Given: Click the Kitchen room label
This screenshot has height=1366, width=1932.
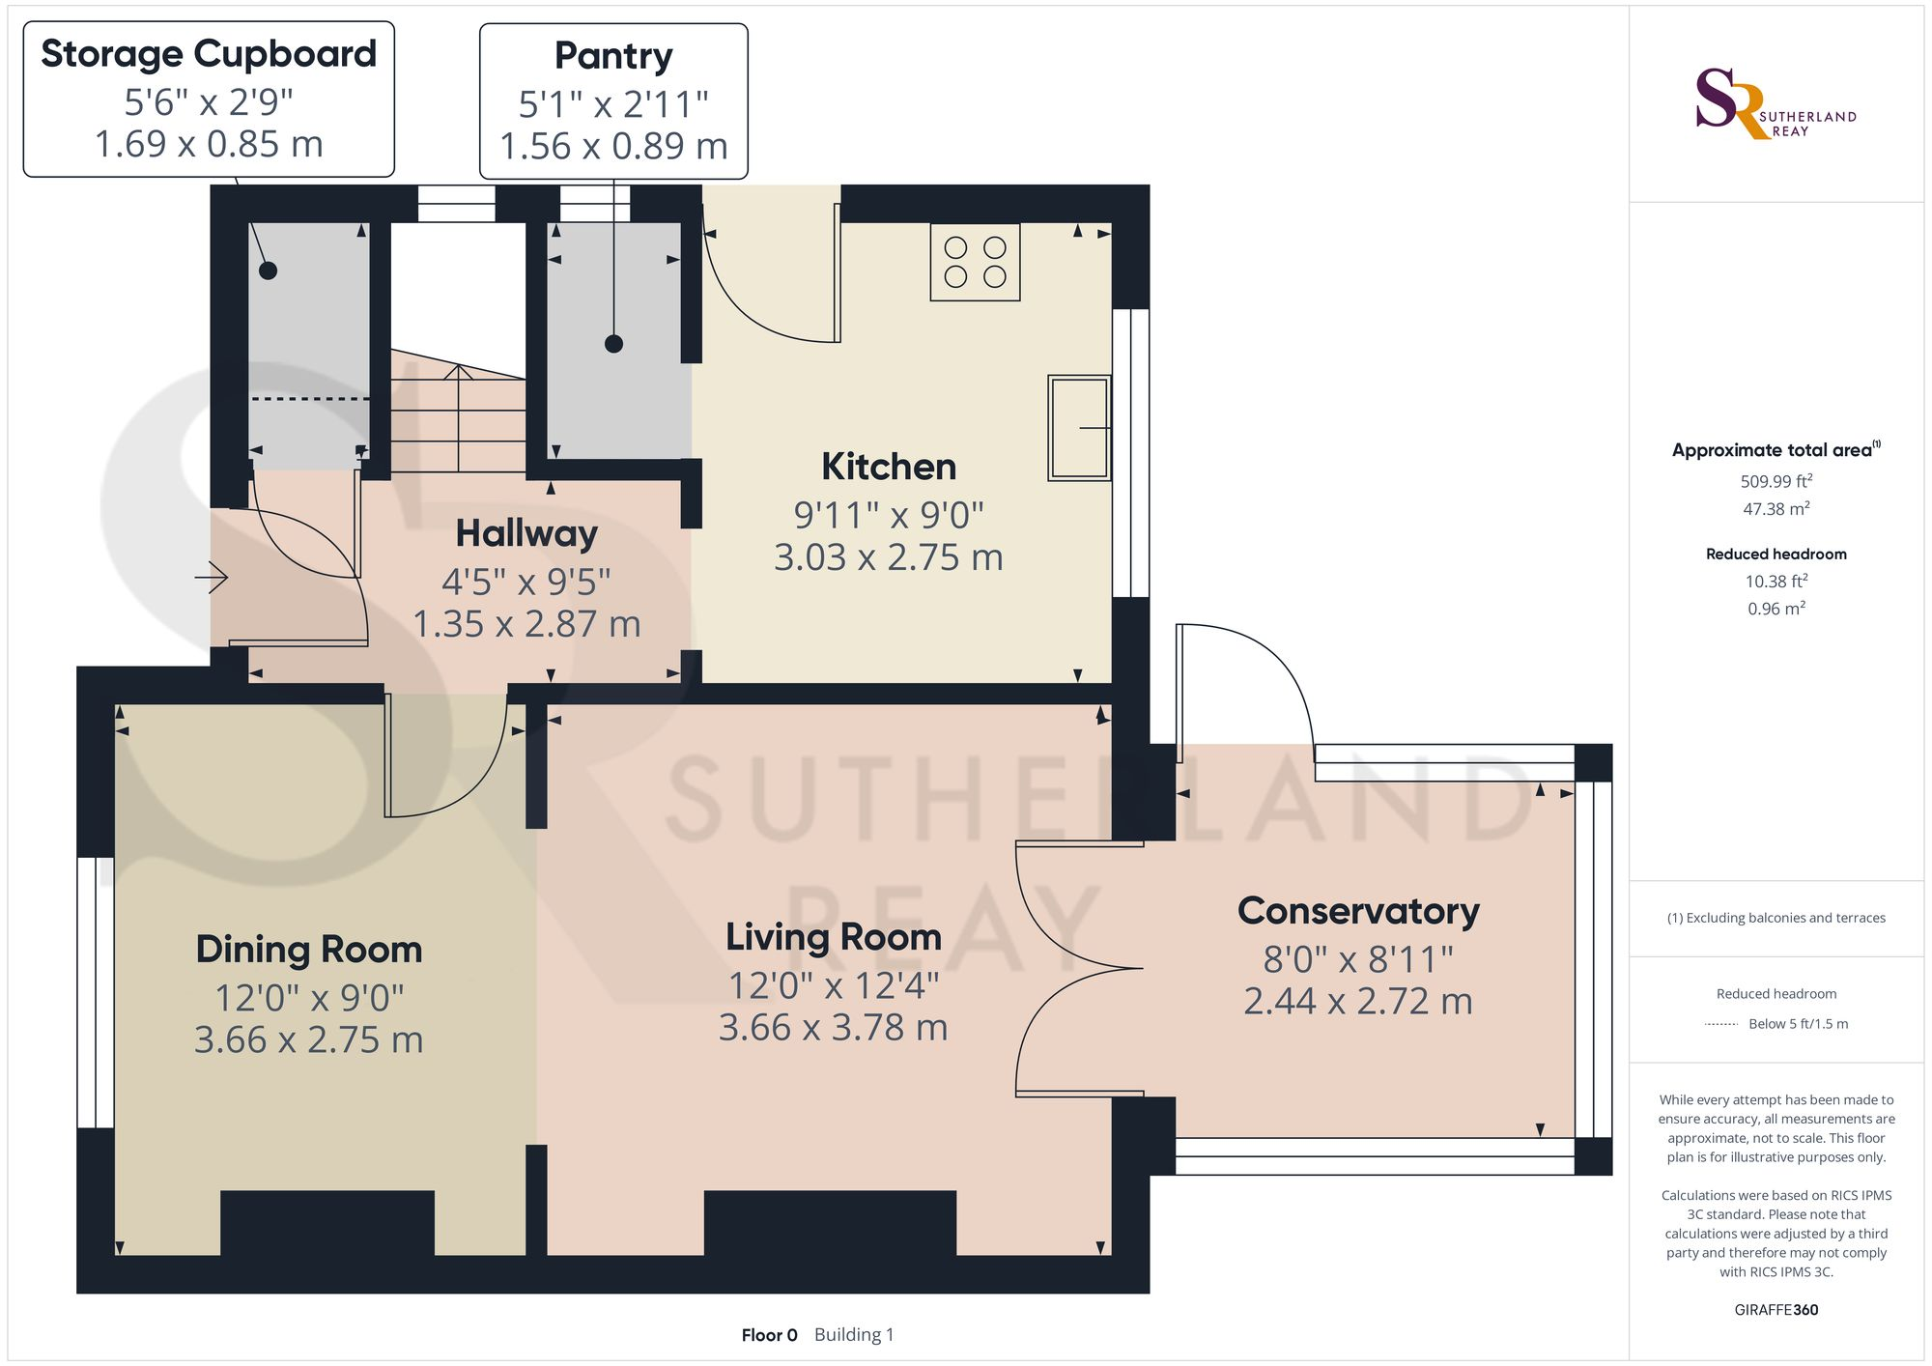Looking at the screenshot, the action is pyautogui.click(x=889, y=467).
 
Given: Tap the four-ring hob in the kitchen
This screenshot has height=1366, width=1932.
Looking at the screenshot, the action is pyautogui.click(x=976, y=262).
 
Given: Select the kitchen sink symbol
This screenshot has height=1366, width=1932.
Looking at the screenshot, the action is pyautogui.click(x=1079, y=428).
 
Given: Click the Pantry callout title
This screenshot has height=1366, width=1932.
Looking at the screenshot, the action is pyautogui.click(x=613, y=56).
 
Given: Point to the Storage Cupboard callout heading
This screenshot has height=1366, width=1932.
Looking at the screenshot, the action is pyautogui.click(x=209, y=54).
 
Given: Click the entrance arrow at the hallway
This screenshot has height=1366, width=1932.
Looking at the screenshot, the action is pyautogui.click(x=212, y=579).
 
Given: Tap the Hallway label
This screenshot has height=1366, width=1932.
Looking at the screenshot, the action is pyautogui.click(x=526, y=533).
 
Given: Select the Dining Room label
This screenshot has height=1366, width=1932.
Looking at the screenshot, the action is pyautogui.click(x=309, y=950).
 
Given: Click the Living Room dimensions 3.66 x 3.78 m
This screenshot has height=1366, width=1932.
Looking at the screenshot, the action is pyautogui.click(x=834, y=1028).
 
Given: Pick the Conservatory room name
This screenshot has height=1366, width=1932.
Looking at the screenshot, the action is pyautogui.click(x=1358, y=911).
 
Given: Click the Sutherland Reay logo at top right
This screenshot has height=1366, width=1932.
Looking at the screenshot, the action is pyautogui.click(x=1776, y=104).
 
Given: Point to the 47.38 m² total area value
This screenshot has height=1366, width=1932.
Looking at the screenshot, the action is pyautogui.click(x=1776, y=508).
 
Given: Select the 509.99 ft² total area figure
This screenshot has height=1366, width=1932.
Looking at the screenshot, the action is pyautogui.click(x=1776, y=481).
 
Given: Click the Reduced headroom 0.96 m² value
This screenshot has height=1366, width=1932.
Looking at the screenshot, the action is pyautogui.click(x=1776, y=609).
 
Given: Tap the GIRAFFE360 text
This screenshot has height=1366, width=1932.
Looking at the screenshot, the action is pyautogui.click(x=1776, y=1310).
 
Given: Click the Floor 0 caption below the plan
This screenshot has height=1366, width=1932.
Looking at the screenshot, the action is pyautogui.click(x=769, y=1335).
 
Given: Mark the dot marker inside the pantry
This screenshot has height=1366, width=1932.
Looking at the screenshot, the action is pyautogui.click(x=613, y=344).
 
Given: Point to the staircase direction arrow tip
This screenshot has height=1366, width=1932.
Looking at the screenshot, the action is pyautogui.click(x=458, y=366).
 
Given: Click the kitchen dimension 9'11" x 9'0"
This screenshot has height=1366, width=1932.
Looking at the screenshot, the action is pyautogui.click(x=889, y=515).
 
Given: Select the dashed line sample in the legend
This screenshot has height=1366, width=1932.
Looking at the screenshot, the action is pyautogui.click(x=1721, y=1024).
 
